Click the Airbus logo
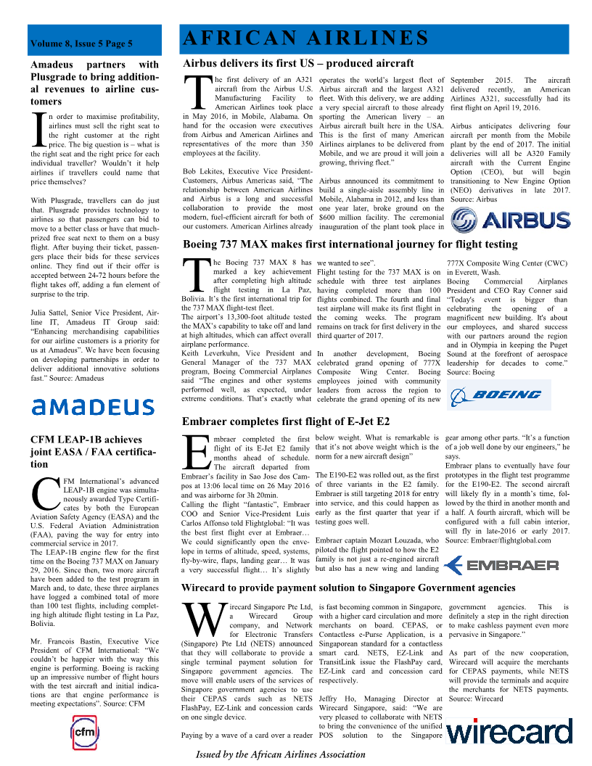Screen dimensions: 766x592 coord(510,221)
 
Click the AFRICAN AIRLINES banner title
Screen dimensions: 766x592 coord(305,38)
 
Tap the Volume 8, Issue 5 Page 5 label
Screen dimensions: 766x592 coord(81,44)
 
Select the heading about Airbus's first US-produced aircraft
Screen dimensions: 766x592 coord(298,63)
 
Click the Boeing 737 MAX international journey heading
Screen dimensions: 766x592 coord(350,244)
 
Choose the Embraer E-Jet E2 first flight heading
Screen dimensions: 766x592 coord(286,421)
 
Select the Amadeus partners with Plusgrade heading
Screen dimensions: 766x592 coord(94,83)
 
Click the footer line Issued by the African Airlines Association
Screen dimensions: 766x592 coord(281,754)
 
